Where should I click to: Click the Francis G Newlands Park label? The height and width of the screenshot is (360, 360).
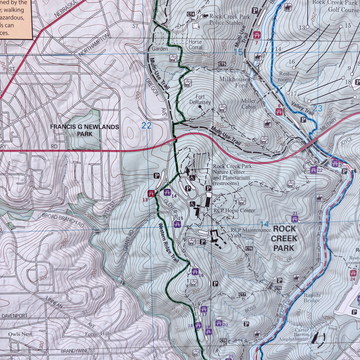(84, 130)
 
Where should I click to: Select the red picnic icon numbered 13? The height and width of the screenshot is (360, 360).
(152, 193)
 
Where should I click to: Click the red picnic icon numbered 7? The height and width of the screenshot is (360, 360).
(257, 35)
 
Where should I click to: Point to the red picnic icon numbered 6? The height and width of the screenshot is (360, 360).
(279, 112)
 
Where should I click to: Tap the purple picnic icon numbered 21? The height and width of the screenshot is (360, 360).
(295, 219)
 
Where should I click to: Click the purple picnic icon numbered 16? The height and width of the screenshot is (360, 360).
(195, 272)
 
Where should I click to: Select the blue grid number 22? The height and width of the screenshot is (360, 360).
(146, 126)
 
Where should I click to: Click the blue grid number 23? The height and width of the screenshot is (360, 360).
(317, 109)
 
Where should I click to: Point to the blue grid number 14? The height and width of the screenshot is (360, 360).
(264, 224)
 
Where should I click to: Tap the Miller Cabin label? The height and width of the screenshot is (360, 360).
(249, 104)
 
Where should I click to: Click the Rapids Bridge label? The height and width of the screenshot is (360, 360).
(312, 298)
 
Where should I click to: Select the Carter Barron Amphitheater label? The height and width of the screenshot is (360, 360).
(294, 334)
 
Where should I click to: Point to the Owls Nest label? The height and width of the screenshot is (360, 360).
(20, 334)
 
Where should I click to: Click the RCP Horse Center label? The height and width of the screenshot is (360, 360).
(234, 211)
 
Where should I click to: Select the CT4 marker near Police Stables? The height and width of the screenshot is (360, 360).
(191, 14)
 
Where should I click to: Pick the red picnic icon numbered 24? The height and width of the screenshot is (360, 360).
(353, 273)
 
